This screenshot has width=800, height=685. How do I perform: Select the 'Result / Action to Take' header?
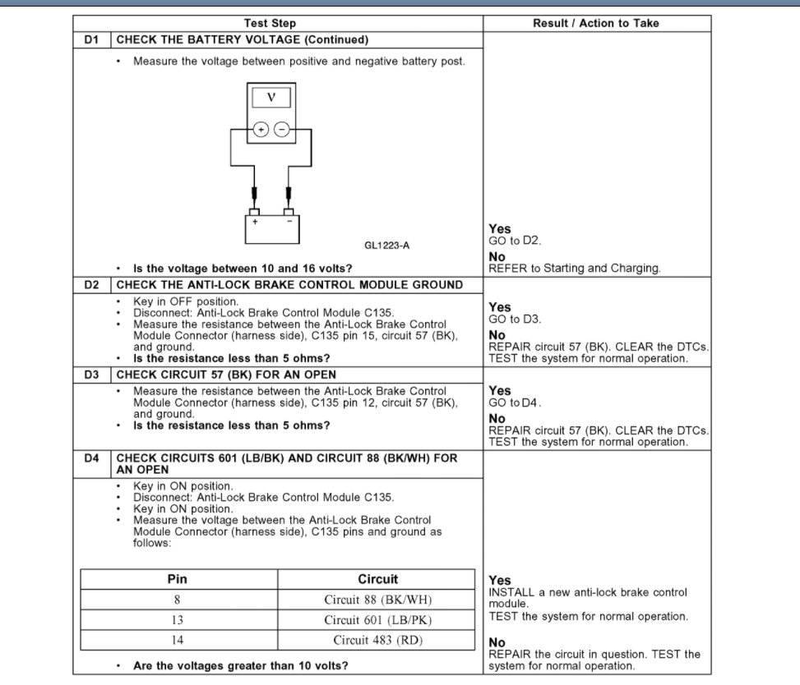coord(595,24)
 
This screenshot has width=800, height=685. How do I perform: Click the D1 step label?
coord(91,39)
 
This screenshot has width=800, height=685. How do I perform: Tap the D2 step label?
coord(91,285)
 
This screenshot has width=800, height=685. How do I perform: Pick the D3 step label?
coord(91,375)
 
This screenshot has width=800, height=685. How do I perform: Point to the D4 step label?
coord(91,458)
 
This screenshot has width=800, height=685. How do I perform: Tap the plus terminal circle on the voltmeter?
coord(261,129)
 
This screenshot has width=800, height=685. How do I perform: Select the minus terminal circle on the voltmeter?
coord(282,129)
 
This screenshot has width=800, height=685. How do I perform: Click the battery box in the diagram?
coord(272,228)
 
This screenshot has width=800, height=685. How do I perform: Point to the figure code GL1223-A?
coord(387,245)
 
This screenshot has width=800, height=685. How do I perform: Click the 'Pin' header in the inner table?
coord(178,579)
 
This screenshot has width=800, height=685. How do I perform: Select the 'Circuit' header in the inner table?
coord(377,579)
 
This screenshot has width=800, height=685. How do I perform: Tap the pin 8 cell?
coord(178,600)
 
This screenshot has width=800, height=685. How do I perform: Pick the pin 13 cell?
coord(178,620)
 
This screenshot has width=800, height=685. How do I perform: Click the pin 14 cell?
coord(178,640)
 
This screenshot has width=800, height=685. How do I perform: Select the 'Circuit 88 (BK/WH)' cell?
coord(377,600)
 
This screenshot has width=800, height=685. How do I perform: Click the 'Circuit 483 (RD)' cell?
coord(377,640)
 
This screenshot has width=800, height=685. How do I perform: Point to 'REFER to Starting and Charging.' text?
coord(575,268)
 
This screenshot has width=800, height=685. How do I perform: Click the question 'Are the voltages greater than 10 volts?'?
coord(240,665)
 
